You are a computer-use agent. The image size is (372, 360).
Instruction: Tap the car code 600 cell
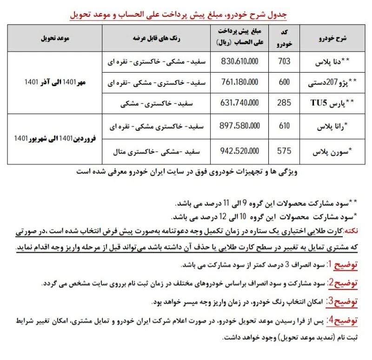[285, 82]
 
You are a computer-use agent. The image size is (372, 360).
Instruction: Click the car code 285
[285, 104]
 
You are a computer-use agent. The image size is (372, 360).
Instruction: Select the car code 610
[285, 126]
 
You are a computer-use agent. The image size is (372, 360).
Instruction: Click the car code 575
[285, 151]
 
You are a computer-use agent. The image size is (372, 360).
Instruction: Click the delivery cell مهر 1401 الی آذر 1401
[55, 82]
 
